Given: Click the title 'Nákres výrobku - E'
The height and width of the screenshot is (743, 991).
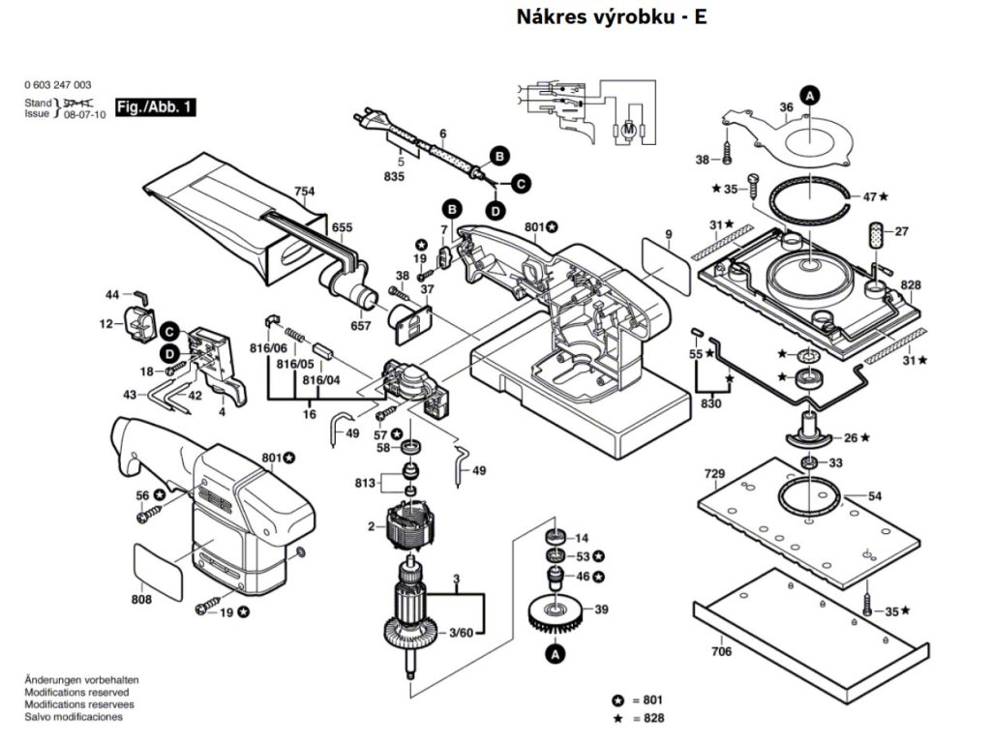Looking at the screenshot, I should point(612,16).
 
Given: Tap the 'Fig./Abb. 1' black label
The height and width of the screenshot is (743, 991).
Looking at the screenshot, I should point(155,107).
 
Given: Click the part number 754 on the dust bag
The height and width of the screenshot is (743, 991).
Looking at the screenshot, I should point(305,192).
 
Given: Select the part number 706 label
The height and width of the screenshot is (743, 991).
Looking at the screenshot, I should point(721,652).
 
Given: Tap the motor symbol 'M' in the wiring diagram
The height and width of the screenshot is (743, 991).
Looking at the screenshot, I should point(627,129).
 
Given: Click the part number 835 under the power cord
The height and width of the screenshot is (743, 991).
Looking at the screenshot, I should point(394,177).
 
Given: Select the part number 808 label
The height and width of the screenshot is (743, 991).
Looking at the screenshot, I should point(141,600).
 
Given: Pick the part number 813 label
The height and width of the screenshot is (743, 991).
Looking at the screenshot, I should point(365,483).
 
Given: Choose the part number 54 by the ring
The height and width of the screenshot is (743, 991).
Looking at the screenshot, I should point(875,496).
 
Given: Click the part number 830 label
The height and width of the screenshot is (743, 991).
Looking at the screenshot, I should point(711,403).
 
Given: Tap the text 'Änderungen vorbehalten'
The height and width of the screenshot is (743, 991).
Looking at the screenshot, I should point(81,681).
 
